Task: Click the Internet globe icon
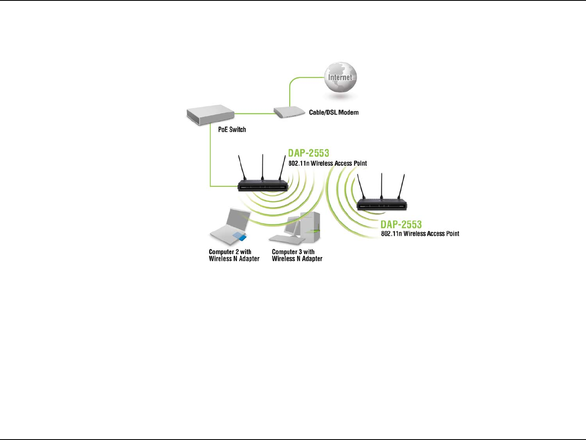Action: click(x=340, y=77)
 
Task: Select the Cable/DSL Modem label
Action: click(x=334, y=112)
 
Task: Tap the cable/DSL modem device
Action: click(x=289, y=112)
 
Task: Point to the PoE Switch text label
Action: click(x=232, y=129)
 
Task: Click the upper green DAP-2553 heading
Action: click(x=308, y=153)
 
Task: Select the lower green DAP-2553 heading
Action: click(x=401, y=224)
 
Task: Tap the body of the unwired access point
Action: click(x=382, y=205)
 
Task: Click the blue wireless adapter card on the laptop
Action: click(x=239, y=237)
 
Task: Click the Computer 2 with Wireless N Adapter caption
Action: click(x=234, y=255)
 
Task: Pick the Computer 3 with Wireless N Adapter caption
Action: click(x=297, y=255)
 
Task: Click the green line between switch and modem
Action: click(x=254, y=113)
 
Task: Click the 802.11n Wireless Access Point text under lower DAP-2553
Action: click(x=420, y=234)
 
